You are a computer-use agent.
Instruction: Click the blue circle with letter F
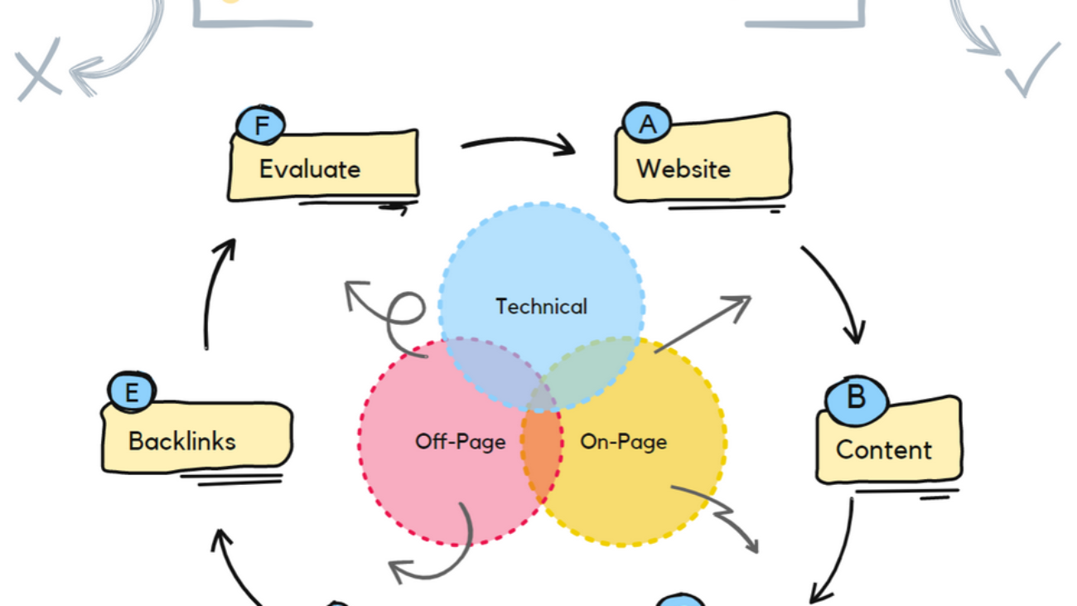(261, 126)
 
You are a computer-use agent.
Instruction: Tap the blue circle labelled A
(647, 124)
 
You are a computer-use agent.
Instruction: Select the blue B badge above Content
(856, 397)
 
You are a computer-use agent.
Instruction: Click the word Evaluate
(310, 169)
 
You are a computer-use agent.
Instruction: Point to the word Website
(683, 169)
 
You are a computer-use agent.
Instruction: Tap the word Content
(883, 449)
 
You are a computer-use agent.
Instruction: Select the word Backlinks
(181, 440)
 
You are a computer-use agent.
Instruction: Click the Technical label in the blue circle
(541, 307)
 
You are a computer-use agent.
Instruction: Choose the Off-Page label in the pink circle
(460, 442)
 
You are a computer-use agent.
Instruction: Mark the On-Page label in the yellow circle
(623, 442)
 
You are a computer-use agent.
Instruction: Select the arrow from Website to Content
(837, 290)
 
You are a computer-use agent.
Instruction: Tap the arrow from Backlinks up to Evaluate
(214, 290)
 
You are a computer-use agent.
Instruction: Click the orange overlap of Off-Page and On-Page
(541, 452)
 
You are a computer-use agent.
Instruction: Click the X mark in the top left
(37, 69)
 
